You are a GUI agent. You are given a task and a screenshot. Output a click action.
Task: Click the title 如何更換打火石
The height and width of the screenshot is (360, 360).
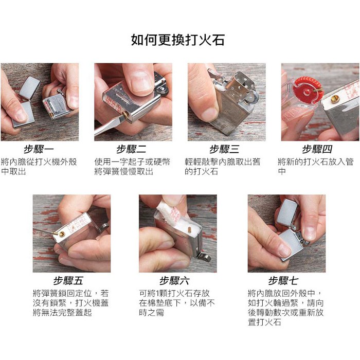click(178, 40)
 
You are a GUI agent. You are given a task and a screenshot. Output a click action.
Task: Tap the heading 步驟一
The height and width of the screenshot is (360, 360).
click(39, 150)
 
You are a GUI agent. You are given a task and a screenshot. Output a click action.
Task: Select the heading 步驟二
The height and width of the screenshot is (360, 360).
click(131, 150)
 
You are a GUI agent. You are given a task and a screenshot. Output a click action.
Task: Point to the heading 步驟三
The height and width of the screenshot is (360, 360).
click(224, 150)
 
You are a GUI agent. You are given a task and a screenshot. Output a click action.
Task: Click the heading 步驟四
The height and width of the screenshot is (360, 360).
click(317, 150)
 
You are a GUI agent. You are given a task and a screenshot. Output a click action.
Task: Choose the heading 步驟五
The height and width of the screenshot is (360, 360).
click(68, 281)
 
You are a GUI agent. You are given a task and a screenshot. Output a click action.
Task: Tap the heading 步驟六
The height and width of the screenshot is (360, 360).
click(175, 281)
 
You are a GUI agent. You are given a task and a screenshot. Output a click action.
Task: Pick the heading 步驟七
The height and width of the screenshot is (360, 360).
click(283, 281)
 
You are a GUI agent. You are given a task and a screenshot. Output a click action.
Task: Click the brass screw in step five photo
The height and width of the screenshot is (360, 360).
click(62, 234)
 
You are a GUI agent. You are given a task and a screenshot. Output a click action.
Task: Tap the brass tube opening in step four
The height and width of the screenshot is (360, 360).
click(335, 99)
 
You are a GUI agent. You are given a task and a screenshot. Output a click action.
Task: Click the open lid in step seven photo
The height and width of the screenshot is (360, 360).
click(287, 212)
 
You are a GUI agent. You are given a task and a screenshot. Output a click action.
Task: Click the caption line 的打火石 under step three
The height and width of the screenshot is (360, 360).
click(202, 171)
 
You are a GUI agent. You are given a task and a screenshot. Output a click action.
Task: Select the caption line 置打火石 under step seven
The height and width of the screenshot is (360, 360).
click(264, 322)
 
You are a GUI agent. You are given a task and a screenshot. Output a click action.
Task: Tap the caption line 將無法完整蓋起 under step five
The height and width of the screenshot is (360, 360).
click(62, 313)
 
